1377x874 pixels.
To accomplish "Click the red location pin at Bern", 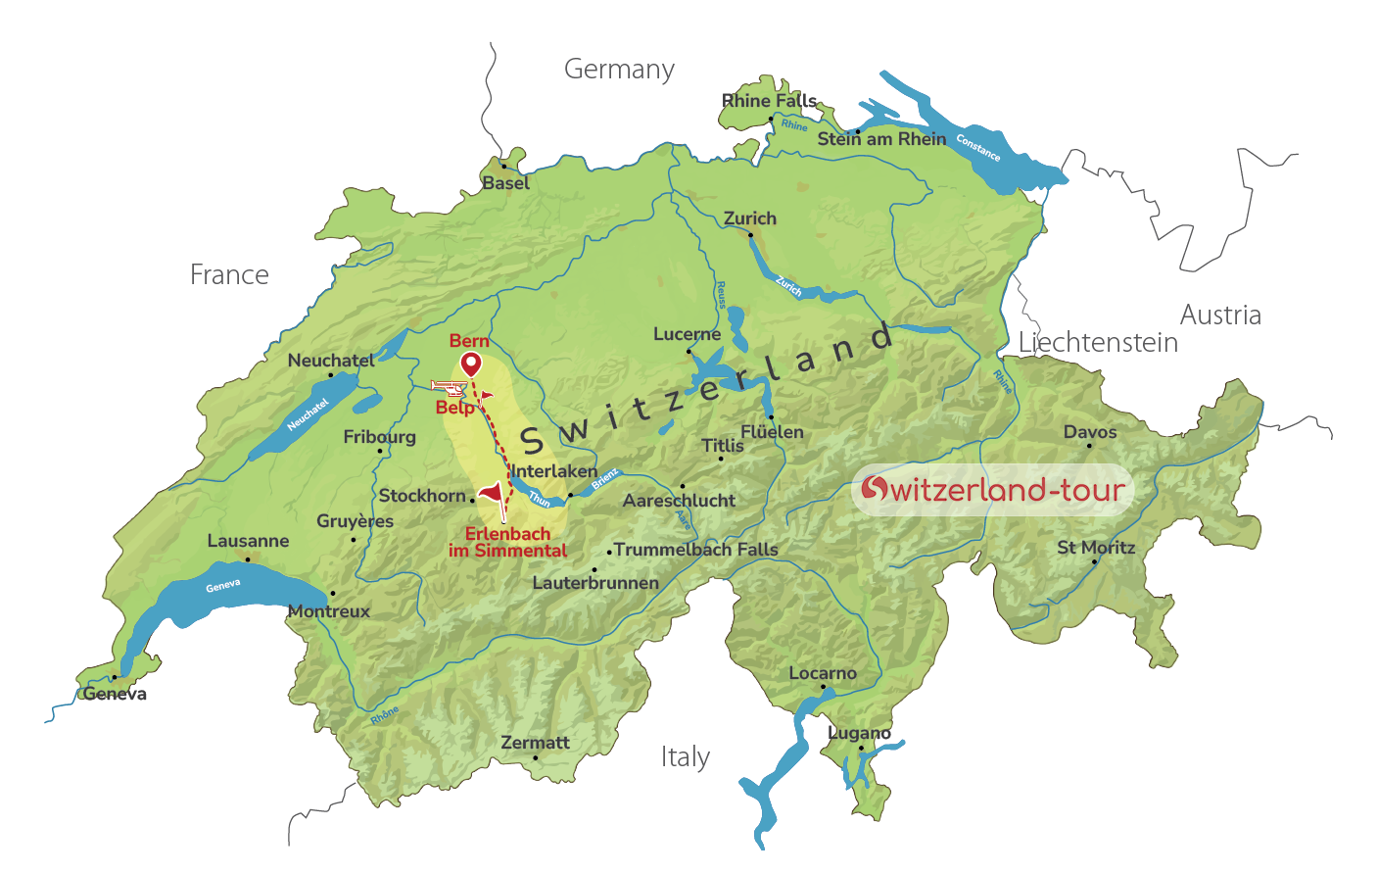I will [x=471, y=364].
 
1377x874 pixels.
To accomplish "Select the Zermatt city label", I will [x=535, y=743].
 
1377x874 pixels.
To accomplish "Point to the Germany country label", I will [x=619, y=70].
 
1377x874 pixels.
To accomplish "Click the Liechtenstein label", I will [x=1098, y=343].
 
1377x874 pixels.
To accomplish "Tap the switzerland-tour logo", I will [x=992, y=489].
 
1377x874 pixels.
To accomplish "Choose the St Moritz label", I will [x=1096, y=548].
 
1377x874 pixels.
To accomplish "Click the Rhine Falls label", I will [x=769, y=101].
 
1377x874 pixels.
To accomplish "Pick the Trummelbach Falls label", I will [x=696, y=550].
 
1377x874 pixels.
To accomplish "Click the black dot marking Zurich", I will [x=750, y=234].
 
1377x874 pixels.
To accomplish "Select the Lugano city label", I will [x=859, y=733].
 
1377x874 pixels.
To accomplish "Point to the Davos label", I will [x=1090, y=432].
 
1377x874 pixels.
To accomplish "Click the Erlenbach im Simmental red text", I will [x=507, y=542].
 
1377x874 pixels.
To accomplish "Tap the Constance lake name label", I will [x=977, y=148].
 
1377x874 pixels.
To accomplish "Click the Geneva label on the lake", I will [x=223, y=586].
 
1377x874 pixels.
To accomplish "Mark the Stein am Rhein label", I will [x=881, y=139].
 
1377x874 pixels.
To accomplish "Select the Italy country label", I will [x=685, y=757].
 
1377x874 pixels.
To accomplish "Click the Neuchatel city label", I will [x=331, y=361].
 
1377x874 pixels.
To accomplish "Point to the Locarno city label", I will [x=823, y=674].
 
